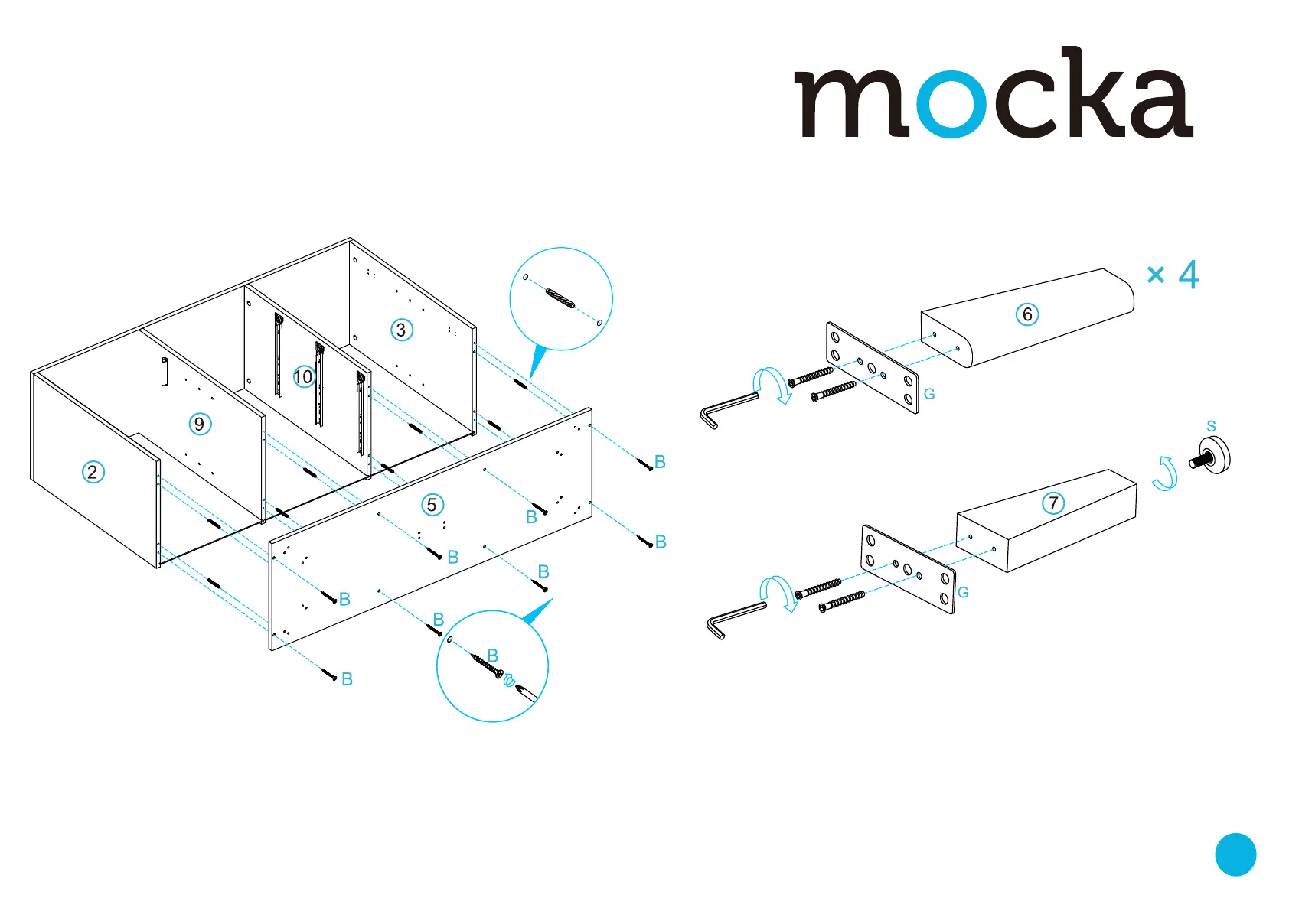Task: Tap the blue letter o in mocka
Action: [951, 105]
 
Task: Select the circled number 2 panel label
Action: [93, 472]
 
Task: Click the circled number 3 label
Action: [401, 330]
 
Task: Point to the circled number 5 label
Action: [432, 505]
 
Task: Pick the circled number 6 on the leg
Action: [1027, 314]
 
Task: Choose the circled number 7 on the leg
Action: [1054, 503]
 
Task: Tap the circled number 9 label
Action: [200, 424]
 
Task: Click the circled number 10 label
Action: [303, 376]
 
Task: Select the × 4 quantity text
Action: [1172, 275]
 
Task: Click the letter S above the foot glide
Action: [1211, 426]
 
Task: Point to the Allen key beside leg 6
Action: [727, 408]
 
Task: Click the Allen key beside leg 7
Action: [733, 618]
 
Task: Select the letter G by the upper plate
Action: [929, 394]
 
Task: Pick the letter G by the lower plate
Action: [963, 593]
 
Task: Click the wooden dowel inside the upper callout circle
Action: [560, 298]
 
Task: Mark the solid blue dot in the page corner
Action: [1235, 854]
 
